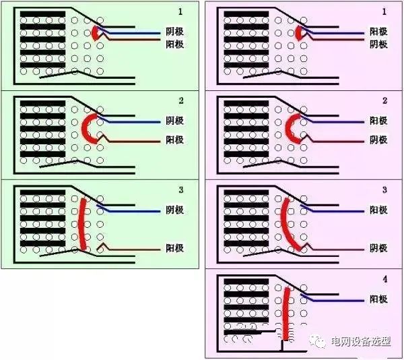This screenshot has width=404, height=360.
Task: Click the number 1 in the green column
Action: (x=180, y=12)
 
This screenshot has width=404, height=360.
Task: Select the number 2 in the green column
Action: (x=180, y=100)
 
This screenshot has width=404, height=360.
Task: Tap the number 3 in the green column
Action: (x=180, y=189)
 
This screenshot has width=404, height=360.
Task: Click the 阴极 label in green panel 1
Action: (x=174, y=32)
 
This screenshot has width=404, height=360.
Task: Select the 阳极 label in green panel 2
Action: (x=174, y=140)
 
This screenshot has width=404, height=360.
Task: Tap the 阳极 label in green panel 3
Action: (x=174, y=248)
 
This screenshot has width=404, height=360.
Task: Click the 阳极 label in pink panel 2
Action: (x=378, y=121)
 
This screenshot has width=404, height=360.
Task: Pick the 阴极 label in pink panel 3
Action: (x=378, y=248)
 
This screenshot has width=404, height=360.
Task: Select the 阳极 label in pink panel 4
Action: (x=378, y=299)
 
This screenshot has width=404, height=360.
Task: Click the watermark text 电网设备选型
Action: (x=361, y=342)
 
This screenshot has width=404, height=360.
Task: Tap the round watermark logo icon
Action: (x=320, y=342)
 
